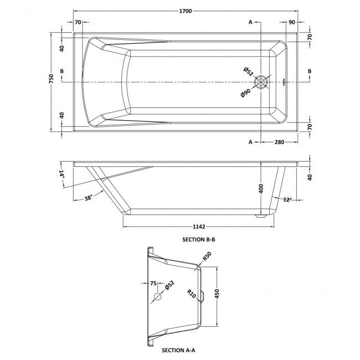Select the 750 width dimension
coord(51,81)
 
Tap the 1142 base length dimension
coord(199,226)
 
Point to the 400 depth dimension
coord(260,189)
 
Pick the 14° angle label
coord(63,175)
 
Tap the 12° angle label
coord(286,199)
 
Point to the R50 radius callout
coord(207,257)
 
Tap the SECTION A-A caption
coord(178,350)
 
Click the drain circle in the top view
coord(261,82)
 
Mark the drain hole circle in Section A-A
coord(157,297)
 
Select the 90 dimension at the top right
coord(291,22)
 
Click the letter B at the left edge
coord(62,71)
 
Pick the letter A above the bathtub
coord(250,22)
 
